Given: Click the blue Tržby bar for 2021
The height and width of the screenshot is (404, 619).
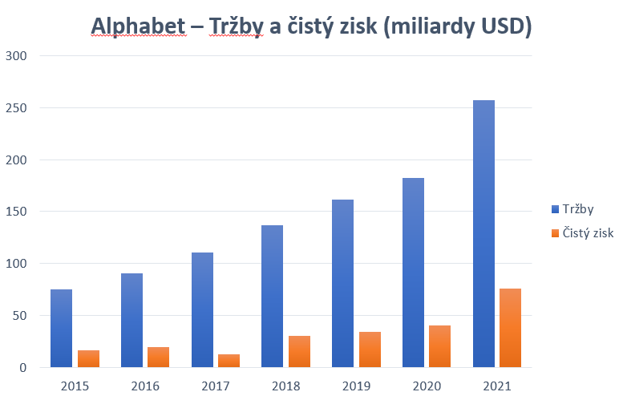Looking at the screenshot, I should pyautogui.click(x=483, y=233).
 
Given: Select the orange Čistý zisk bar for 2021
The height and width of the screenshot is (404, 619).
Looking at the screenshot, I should pyautogui.click(x=511, y=328).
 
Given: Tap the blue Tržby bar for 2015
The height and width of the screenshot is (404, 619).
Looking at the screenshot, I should pyautogui.click(x=61, y=328).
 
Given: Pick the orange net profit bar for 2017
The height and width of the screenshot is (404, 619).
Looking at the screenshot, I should pyautogui.click(x=229, y=361).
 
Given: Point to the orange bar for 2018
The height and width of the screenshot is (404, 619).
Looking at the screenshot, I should pyautogui.click(x=300, y=351).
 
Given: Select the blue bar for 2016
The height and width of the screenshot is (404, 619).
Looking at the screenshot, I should pyautogui.click(x=131, y=321).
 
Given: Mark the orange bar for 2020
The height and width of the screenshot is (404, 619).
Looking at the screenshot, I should pyautogui.click(x=440, y=346).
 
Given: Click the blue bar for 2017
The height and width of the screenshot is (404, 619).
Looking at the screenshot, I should pyautogui.click(x=202, y=309).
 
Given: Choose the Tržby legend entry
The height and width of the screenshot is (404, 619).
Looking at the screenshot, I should pyautogui.click(x=572, y=209).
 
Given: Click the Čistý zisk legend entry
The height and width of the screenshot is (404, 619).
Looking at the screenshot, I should pyautogui.click(x=581, y=233).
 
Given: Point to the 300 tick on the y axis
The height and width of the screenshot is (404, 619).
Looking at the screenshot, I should pyautogui.click(x=16, y=56).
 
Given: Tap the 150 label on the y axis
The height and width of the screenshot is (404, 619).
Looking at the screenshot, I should pyautogui.click(x=16, y=212).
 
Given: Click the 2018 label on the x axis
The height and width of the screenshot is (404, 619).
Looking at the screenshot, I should pyautogui.click(x=286, y=386).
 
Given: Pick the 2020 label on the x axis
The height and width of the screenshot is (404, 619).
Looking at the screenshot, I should pyautogui.click(x=427, y=386).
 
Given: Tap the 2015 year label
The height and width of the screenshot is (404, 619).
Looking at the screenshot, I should pyautogui.click(x=75, y=386).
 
